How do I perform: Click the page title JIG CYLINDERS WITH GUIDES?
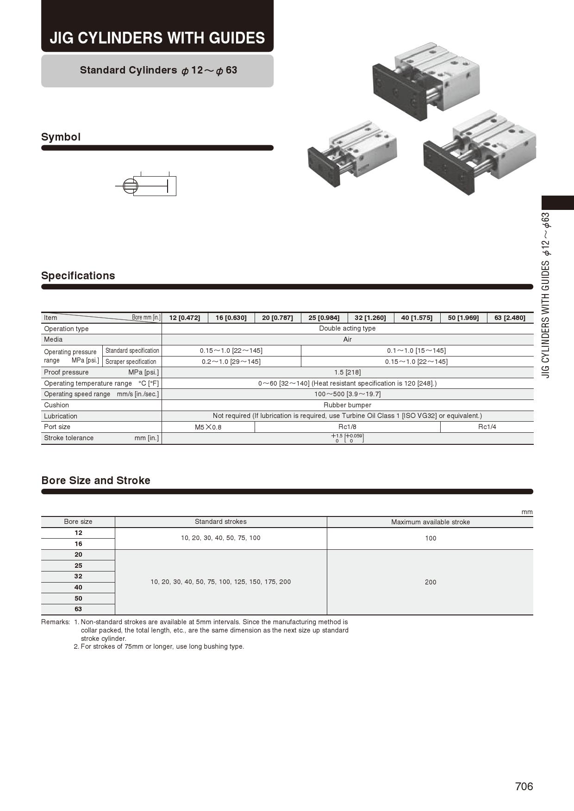(157, 37)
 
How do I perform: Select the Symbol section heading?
(61, 137)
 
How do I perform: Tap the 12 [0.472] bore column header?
(185, 318)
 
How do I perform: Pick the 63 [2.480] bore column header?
(510, 318)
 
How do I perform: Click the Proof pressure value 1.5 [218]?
(347, 372)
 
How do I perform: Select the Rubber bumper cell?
(347, 405)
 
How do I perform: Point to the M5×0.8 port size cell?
(208, 427)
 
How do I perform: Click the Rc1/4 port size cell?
(487, 427)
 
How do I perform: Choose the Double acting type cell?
(347, 328)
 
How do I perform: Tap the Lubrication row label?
(61, 416)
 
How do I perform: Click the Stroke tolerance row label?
(69, 438)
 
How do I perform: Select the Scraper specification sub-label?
(131, 362)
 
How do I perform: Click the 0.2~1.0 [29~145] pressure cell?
(231, 362)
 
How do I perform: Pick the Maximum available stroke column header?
(430, 522)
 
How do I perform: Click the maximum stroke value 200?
(430, 582)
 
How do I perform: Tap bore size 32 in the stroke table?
(78, 576)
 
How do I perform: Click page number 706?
(524, 786)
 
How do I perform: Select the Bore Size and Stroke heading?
(96, 480)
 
